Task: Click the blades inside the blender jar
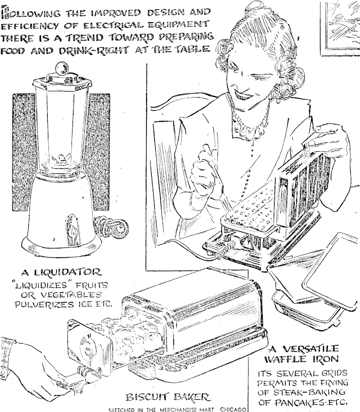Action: coord(61,159)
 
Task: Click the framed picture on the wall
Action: coord(340,28)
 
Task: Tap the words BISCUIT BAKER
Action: coord(168,397)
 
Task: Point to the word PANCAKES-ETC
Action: coord(303,402)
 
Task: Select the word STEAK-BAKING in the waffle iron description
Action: coord(301,392)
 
